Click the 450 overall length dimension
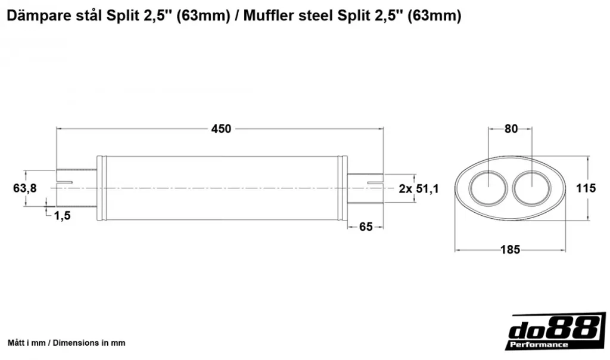pyautogui.click(x=221, y=128)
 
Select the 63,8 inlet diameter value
pyautogui.click(x=25, y=188)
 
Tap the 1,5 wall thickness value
pyautogui.click(x=62, y=215)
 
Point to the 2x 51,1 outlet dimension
pyautogui.click(x=419, y=189)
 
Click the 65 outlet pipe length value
pyautogui.click(x=366, y=226)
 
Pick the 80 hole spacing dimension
pyautogui.click(x=511, y=128)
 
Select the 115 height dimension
pyautogui.click(x=586, y=188)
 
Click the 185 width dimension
pyautogui.click(x=511, y=249)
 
